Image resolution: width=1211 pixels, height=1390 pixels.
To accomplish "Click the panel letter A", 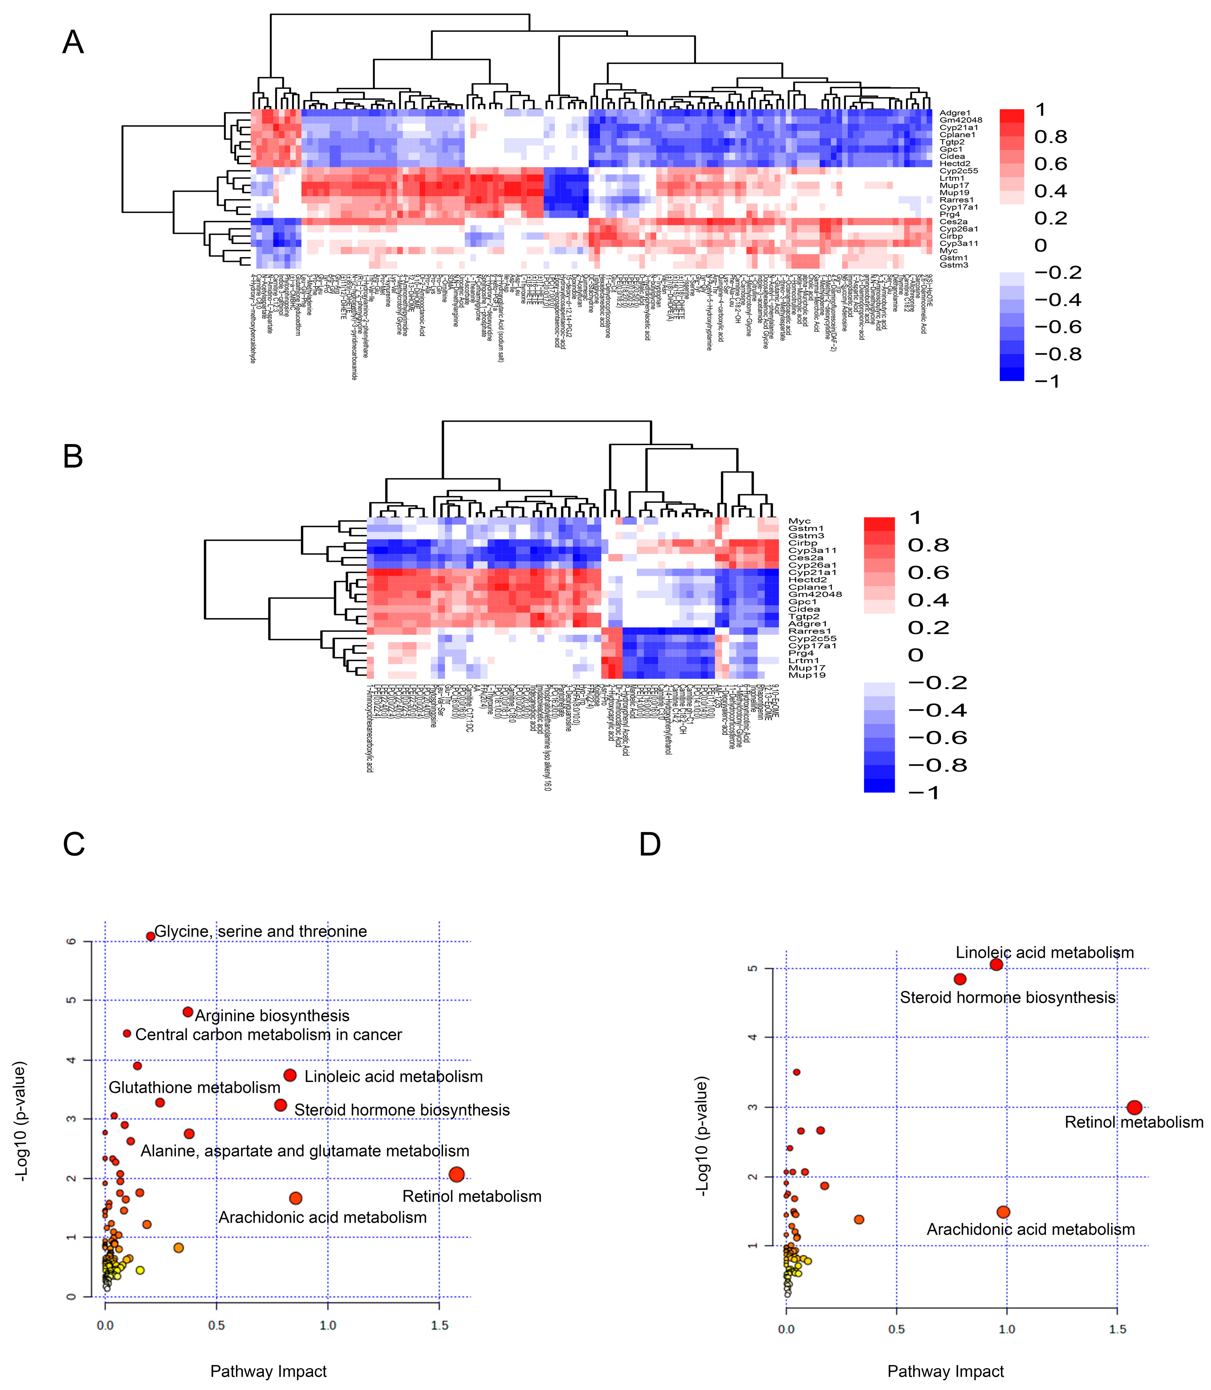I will (x=73, y=42).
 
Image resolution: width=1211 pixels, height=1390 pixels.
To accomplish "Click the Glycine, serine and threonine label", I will (x=261, y=931).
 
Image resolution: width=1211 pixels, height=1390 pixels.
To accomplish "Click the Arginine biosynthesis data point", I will (x=188, y=1012).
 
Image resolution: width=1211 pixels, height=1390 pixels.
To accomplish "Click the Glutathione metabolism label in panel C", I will (x=195, y=1087).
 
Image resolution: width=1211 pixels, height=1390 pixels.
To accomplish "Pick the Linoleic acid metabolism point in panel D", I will (x=996, y=965).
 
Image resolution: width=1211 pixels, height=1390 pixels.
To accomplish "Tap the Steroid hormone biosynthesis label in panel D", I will (x=1007, y=997).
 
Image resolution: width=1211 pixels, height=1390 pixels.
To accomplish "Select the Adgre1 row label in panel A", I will (x=955, y=113).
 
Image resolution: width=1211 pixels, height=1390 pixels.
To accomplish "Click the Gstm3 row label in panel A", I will (x=954, y=265).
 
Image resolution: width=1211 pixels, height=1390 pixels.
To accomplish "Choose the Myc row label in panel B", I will (x=799, y=521).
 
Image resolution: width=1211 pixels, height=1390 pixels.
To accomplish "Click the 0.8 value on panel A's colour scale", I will (x=1051, y=137).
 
